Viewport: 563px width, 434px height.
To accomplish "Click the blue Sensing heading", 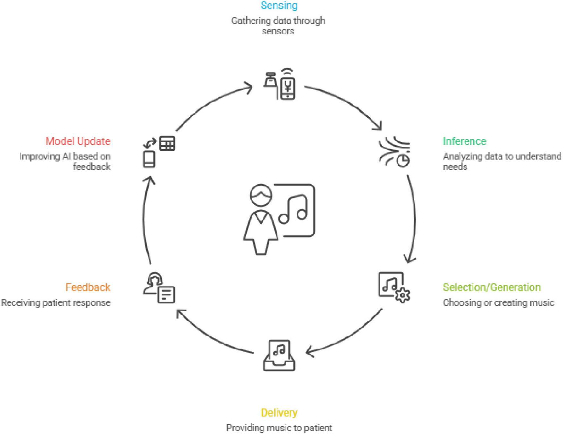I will click(279, 5).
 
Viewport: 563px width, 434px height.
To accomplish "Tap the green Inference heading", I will click(464, 141).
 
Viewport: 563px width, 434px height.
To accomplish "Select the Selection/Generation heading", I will click(491, 287).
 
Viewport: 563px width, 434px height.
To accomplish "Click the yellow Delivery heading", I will click(279, 413).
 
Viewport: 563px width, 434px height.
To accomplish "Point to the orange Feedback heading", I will click(88, 287).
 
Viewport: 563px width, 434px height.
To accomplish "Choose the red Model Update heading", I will click(78, 141).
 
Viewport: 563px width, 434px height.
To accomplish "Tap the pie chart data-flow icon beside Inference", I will click(394, 152).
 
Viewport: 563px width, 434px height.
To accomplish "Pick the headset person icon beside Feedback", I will click(159, 288).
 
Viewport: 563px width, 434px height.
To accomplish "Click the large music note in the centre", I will click(294, 210).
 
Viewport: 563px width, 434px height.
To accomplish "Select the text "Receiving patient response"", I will click(56, 303).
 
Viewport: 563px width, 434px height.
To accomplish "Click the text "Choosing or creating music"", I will click(498, 303).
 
